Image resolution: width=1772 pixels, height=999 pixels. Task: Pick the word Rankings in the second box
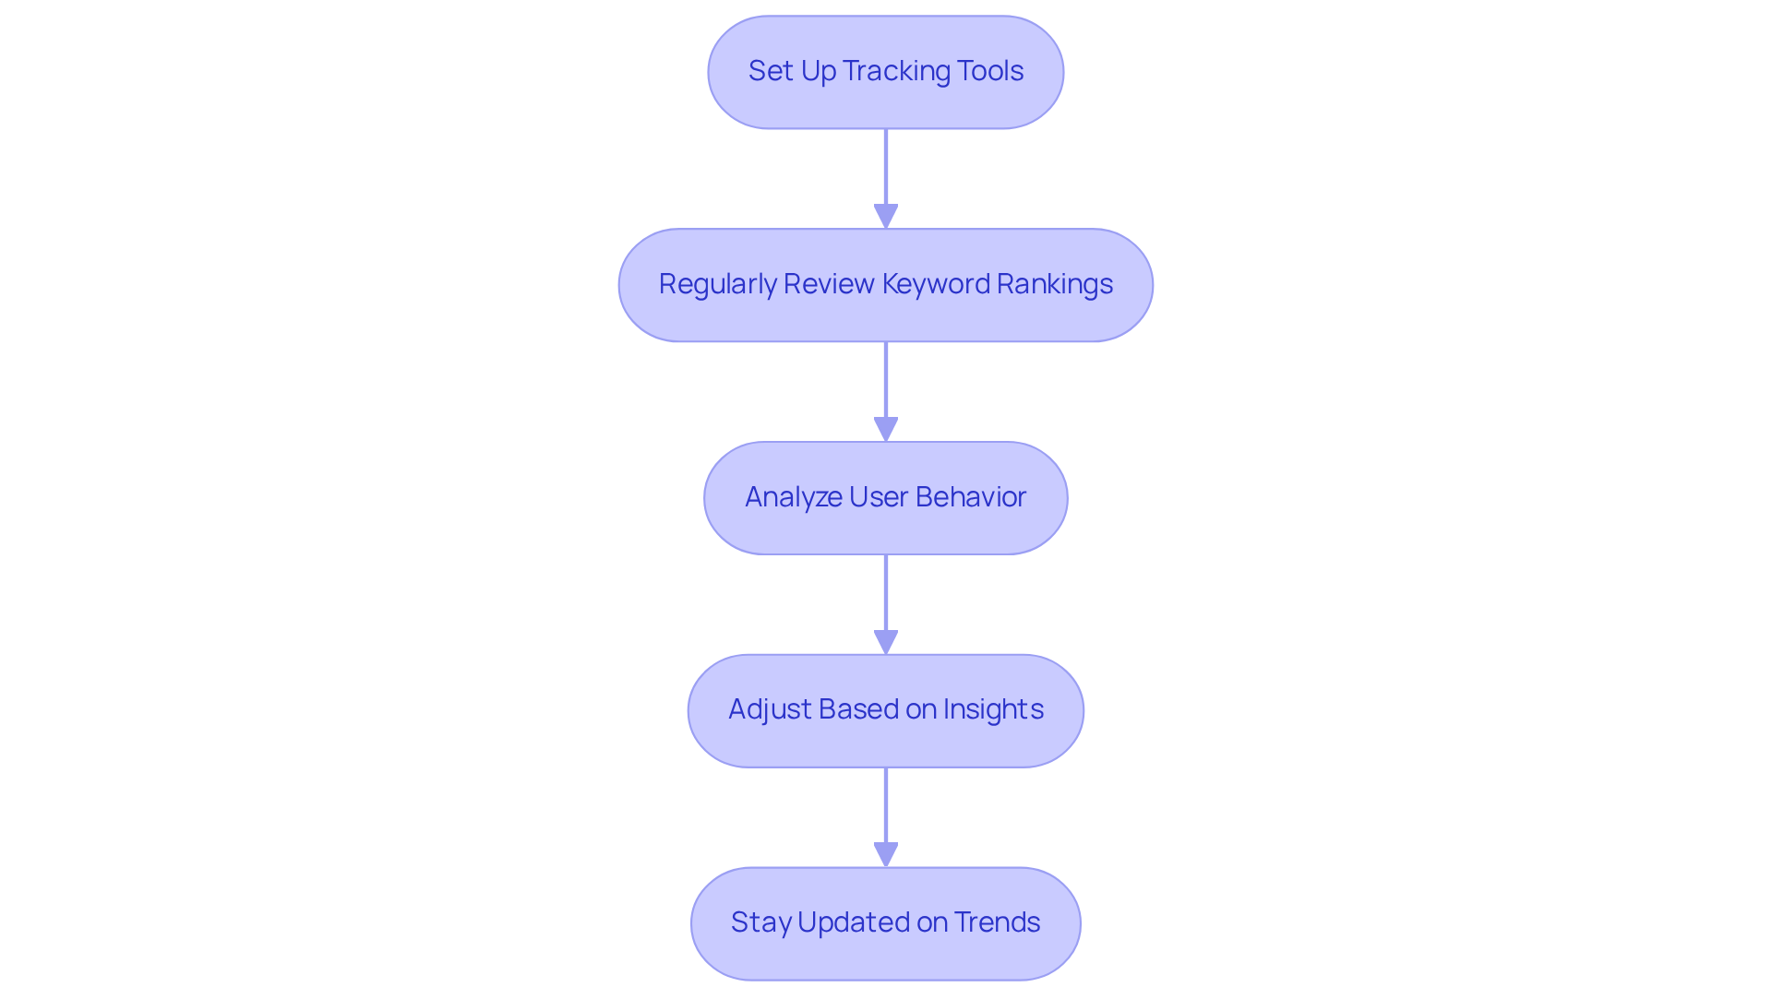(x=1055, y=284)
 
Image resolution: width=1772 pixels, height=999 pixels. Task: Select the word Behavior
(x=971, y=497)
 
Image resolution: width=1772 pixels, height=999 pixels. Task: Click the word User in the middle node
(x=878, y=497)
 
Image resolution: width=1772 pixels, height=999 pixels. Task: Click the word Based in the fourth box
(x=857, y=709)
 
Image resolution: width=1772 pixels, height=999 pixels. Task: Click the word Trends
(x=997, y=922)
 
